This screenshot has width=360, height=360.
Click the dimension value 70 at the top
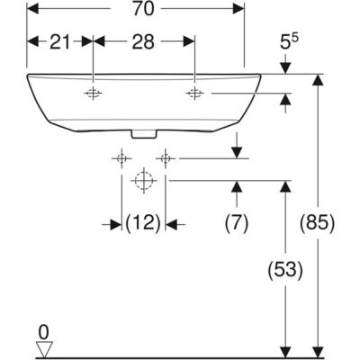point(143,9)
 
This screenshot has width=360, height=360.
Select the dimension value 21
point(60,41)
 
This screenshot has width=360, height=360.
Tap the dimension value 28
point(143,41)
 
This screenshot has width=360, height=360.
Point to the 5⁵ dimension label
point(288,41)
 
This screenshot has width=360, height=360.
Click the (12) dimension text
point(143,223)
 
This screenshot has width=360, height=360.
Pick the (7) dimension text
point(237,223)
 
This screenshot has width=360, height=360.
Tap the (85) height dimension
point(318,223)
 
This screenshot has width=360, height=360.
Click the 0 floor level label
point(44,333)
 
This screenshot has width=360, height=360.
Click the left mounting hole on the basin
point(93,94)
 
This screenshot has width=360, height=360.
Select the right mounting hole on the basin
point(195,94)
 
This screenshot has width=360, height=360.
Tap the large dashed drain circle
point(144,181)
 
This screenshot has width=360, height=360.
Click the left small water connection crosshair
point(121,158)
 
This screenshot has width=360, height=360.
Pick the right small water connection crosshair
point(166,158)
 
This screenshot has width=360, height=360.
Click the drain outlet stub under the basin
point(144,135)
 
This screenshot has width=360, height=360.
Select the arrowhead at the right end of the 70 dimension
point(238,9)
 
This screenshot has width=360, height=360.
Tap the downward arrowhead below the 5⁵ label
point(285,68)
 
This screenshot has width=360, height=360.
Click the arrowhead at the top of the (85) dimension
point(318,80)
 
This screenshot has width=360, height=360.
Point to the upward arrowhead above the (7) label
point(237,186)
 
